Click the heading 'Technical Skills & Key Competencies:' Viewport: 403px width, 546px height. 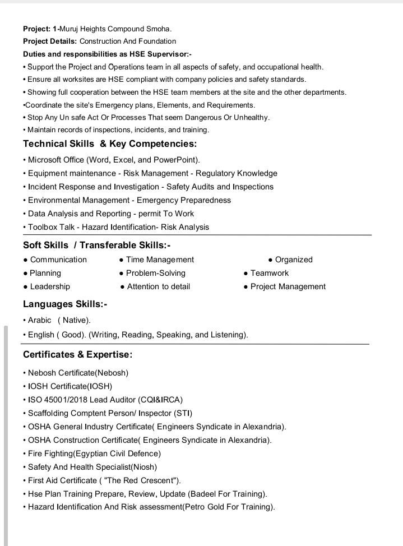click(x=110, y=144)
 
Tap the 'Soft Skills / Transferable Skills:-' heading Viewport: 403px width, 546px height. click(x=96, y=245)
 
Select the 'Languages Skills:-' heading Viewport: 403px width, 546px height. click(x=65, y=304)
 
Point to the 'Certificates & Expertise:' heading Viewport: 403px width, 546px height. click(x=78, y=355)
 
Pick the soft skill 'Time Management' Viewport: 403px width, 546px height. click(x=160, y=260)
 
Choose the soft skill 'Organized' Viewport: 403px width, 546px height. click(x=294, y=260)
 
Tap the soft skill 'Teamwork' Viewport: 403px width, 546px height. click(x=269, y=273)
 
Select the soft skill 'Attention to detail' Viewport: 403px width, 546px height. click(x=158, y=286)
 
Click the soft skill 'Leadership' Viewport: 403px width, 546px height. click(x=50, y=286)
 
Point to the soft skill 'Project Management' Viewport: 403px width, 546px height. click(x=288, y=286)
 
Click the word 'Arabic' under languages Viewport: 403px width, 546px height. click(x=40, y=320)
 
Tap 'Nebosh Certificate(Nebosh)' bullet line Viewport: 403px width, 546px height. click(x=78, y=373)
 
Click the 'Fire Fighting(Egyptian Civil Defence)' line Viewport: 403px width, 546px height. click(x=94, y=454)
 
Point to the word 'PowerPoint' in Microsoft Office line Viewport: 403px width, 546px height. click(x=177, y=160)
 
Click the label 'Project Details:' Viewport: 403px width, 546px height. click(x=50, y=41)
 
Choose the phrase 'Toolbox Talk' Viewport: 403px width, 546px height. click(x=51, y=227)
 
